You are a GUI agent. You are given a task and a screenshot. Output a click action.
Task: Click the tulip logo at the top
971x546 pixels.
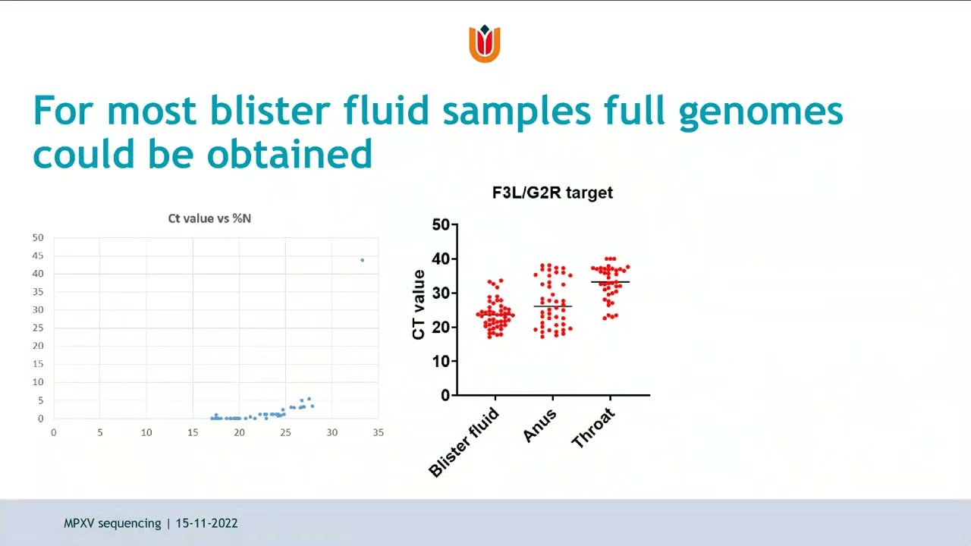(485, 43)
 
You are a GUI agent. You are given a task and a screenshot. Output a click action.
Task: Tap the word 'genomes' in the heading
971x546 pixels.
(761, 111)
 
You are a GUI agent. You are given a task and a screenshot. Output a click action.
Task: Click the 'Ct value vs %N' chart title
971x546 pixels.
(209, 218)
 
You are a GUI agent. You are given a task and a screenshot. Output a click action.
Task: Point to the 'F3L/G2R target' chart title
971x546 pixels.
(552, 193)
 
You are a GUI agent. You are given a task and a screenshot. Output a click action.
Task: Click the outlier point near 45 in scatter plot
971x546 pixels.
(362, 260)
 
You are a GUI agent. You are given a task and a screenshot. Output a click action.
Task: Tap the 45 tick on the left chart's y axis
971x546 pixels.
(38, 256)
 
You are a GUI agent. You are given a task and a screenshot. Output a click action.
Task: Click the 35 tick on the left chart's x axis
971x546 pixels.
(378, 432)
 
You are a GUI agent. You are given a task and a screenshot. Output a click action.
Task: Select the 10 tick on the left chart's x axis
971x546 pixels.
(146, 432)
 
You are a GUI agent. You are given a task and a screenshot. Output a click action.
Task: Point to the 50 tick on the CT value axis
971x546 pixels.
(441, 224)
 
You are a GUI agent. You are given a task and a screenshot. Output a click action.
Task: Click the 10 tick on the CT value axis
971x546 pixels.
(441, 362)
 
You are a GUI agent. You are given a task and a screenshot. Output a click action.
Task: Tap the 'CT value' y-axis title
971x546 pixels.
(419, 305)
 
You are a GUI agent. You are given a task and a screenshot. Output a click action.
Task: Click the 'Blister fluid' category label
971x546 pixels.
(465, 442)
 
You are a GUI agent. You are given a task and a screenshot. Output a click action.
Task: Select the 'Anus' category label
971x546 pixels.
(540, 426)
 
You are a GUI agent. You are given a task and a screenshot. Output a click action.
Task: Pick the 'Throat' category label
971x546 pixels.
(592, 428)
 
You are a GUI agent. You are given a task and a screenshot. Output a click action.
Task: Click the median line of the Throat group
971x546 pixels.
(610, 282)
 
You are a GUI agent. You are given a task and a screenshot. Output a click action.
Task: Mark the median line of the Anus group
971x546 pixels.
(552, 306)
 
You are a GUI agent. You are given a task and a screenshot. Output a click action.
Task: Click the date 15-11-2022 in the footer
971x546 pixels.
(206, 523)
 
